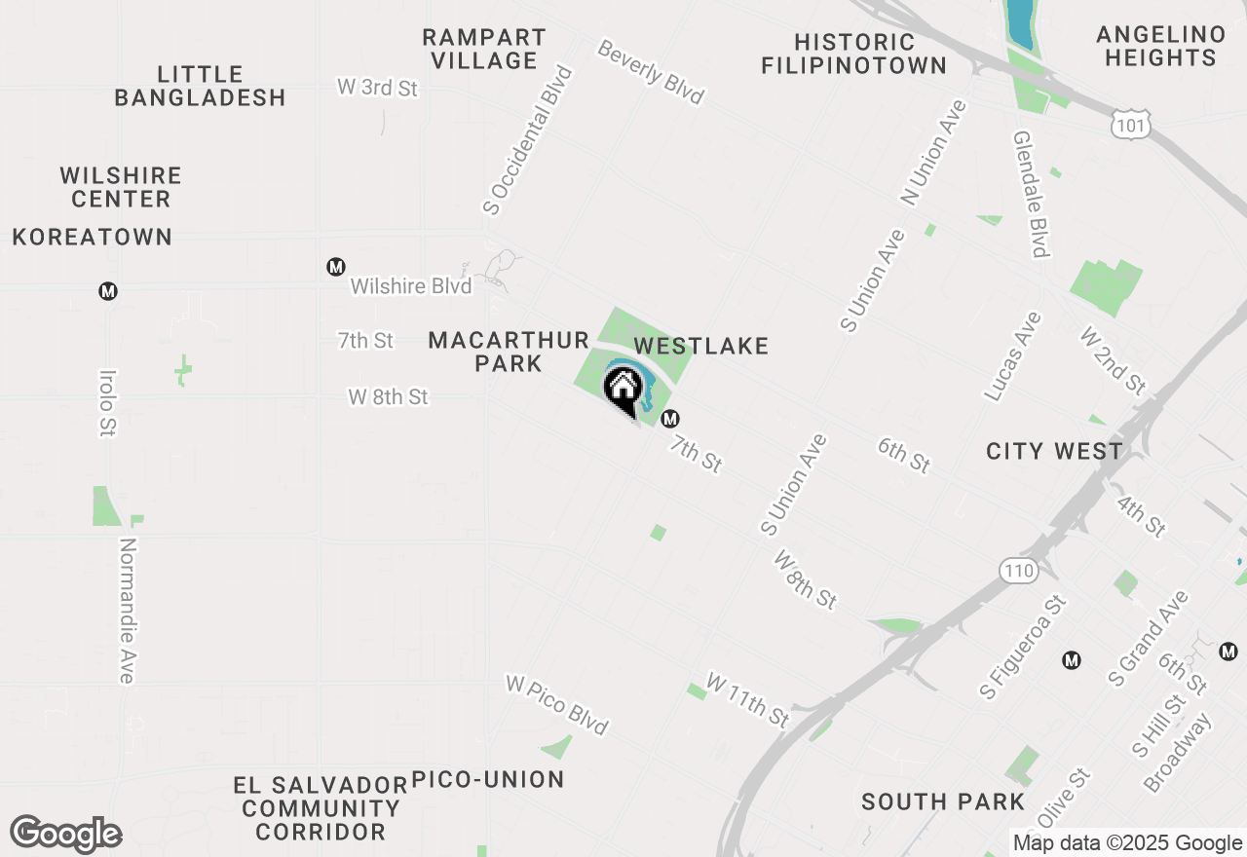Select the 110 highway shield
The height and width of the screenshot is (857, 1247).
(1019, 571)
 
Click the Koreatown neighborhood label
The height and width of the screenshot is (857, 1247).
(93, 237)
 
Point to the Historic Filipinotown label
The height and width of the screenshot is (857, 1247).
(853, 54)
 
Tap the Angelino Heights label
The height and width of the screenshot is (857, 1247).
(1160, 46)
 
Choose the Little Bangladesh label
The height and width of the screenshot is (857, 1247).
(200, 86)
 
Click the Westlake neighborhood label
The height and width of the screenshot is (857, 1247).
(701, 346)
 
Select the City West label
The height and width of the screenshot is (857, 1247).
(1054, 451)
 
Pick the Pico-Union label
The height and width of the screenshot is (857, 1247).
(488, 779)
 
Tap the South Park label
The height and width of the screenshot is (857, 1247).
(943, 801)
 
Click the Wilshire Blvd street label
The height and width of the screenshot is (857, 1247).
(411, 286)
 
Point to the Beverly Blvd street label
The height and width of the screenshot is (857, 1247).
(651, 72)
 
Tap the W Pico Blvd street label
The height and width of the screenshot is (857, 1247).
(557, 704)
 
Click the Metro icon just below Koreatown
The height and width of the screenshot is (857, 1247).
(108, 290)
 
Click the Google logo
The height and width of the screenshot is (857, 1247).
(65, 834)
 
